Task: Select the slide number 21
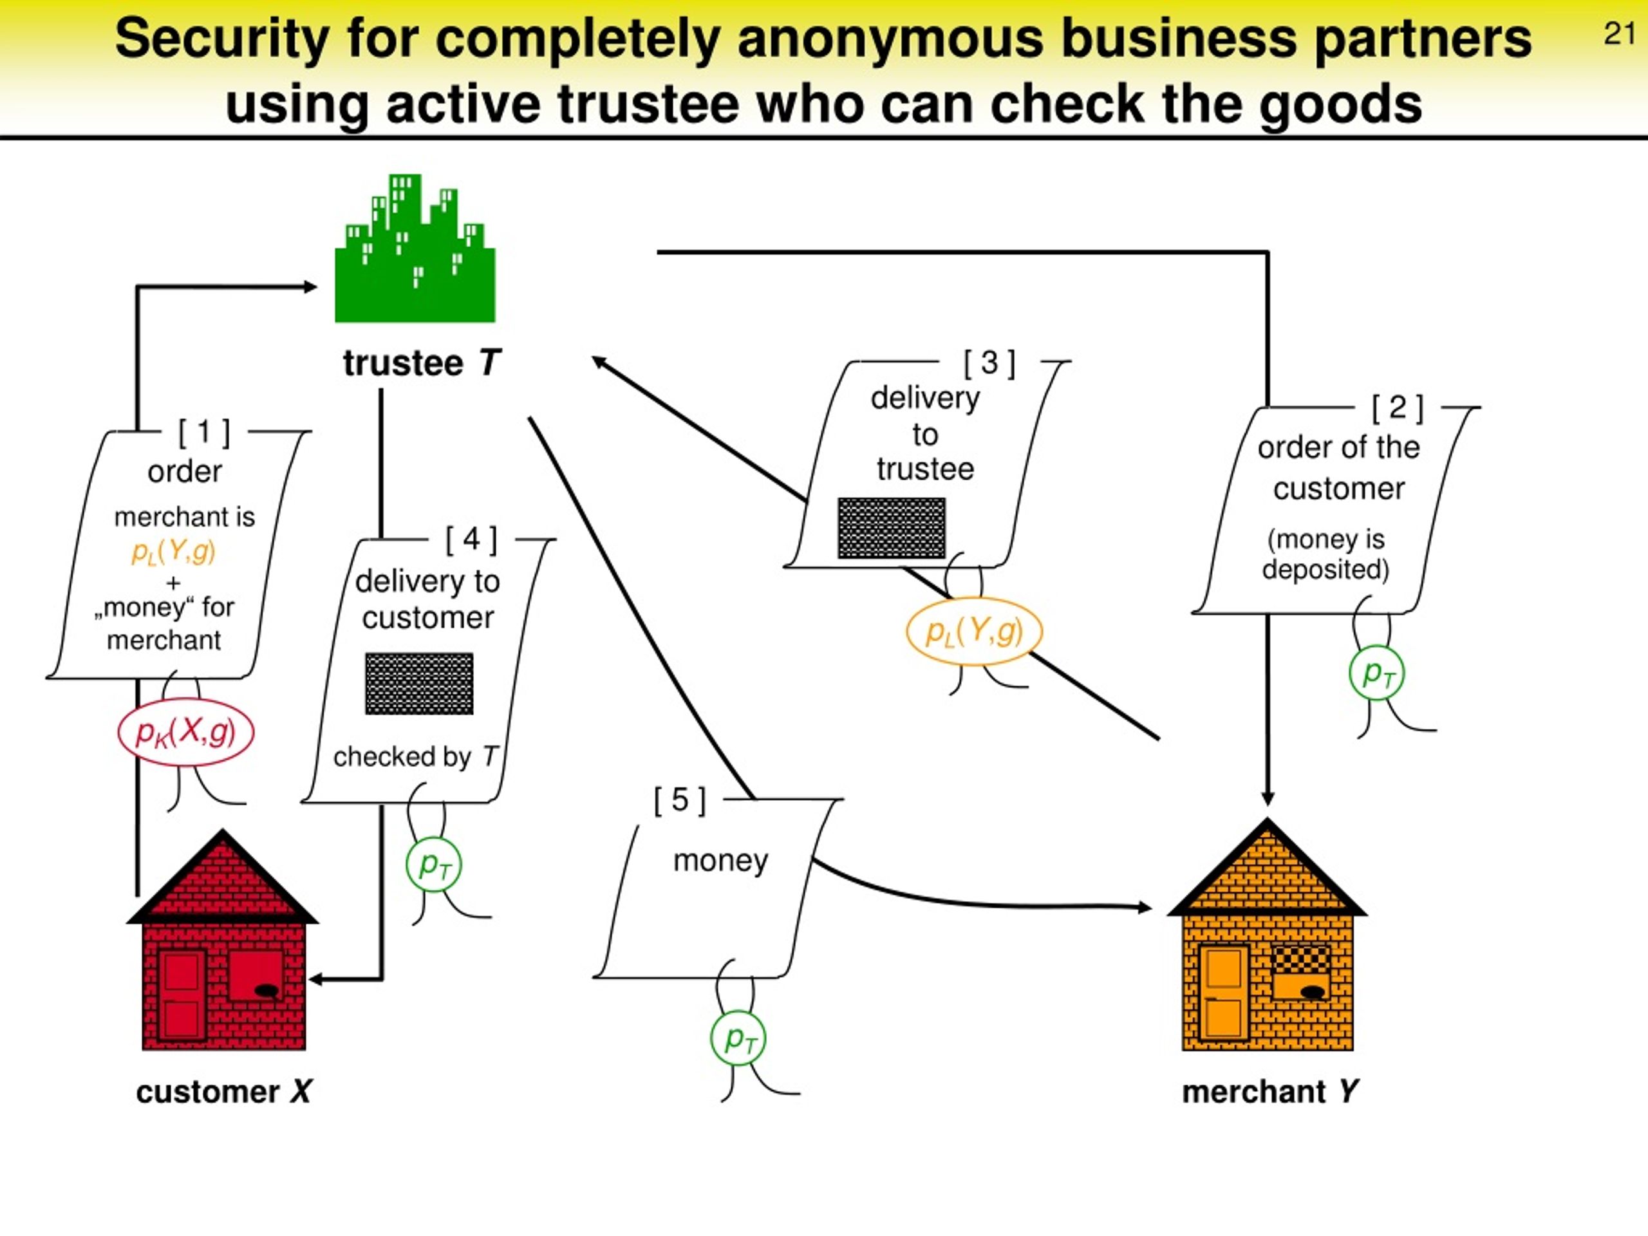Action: point(1620,34)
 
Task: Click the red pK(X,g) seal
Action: point(185,733)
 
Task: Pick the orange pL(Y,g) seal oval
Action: point(974,632)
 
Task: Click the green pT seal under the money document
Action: point(738,1038)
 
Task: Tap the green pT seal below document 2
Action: point(1377,673)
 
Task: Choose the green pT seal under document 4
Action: point(434,865)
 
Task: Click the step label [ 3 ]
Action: point(989,363)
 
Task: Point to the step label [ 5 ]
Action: point(679,800)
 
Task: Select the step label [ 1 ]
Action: point(204,432)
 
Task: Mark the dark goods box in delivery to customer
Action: point(418,684)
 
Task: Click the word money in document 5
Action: point(720,861)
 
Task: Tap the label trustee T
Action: point(422,364)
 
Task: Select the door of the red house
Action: point(181,995)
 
